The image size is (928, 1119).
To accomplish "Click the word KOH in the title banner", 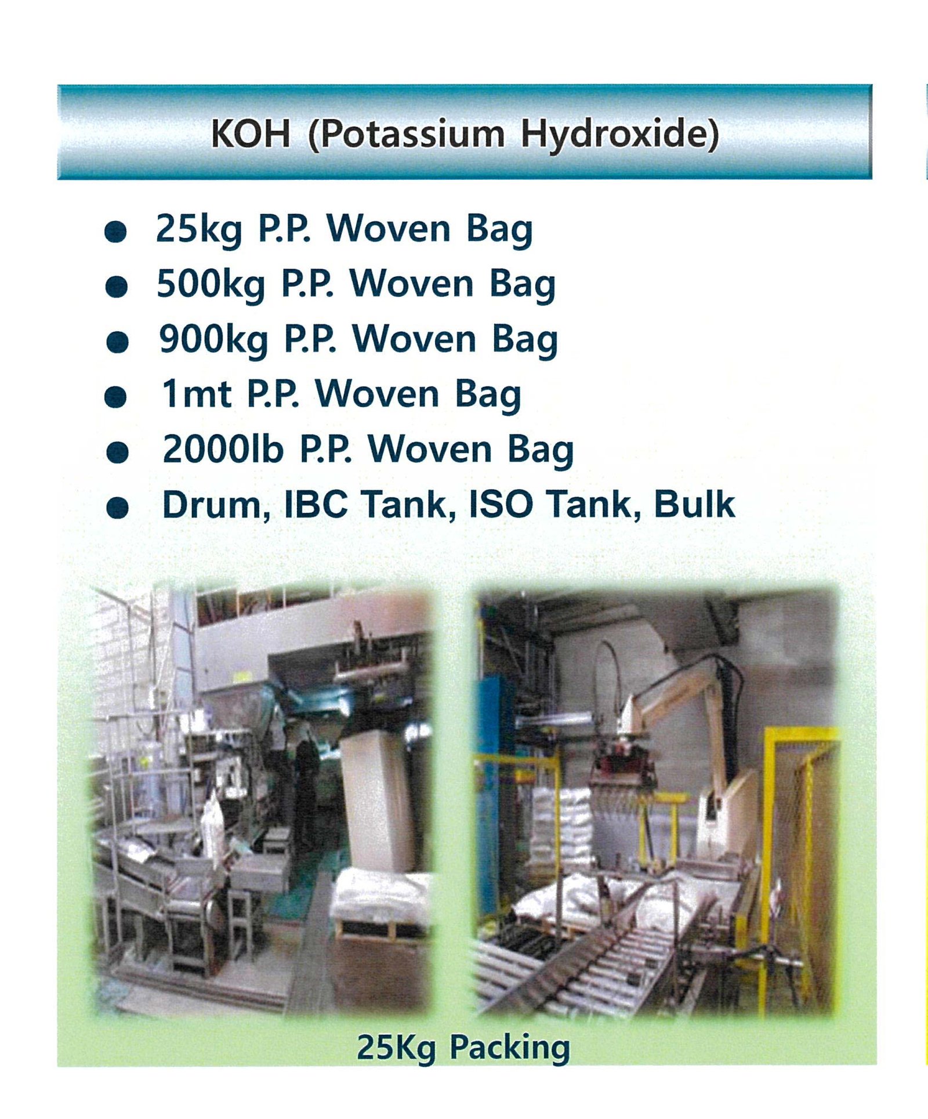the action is point(250,133).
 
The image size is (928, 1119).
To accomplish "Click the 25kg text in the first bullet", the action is point(198,229).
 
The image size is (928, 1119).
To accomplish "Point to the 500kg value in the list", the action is point(211,284).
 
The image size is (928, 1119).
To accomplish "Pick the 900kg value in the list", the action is point(213,339).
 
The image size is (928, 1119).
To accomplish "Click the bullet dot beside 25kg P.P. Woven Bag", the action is point(115,231).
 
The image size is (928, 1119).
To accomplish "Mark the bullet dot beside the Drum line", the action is point(118,508).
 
